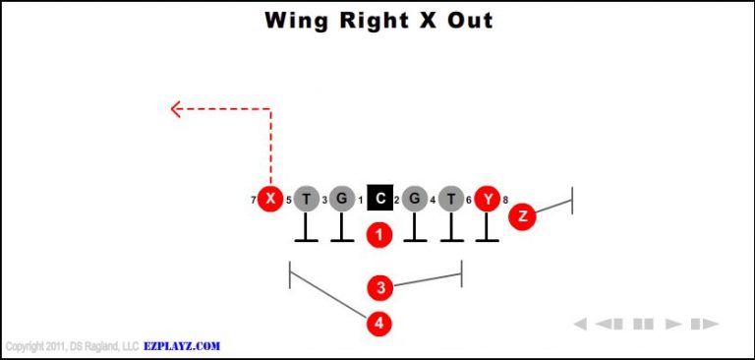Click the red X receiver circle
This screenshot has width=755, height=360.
[270, 200]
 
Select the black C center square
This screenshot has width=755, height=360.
[379, 200]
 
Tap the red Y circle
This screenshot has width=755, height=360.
[488, 200]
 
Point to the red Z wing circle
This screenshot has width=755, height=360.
[522, 215]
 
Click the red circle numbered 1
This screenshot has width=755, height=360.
[379, 234]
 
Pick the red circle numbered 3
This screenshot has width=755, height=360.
[380, 287]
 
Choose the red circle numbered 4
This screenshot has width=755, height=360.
[380, 323]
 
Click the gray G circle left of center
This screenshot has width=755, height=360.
[341, 200]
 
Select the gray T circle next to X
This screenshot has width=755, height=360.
[307, 200]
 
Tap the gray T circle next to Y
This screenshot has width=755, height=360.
[451, 200]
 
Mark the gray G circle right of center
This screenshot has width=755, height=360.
[415, 200]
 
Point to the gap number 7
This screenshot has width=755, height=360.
[254, 201]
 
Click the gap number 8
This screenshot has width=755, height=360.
[505, 201]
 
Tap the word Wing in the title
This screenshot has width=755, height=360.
[296, 21]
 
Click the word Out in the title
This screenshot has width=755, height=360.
[471, 21]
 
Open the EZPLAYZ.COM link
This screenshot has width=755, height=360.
[181, 346]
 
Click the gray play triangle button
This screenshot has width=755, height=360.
[673, 324]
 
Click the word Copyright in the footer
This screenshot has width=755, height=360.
[27, 346]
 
